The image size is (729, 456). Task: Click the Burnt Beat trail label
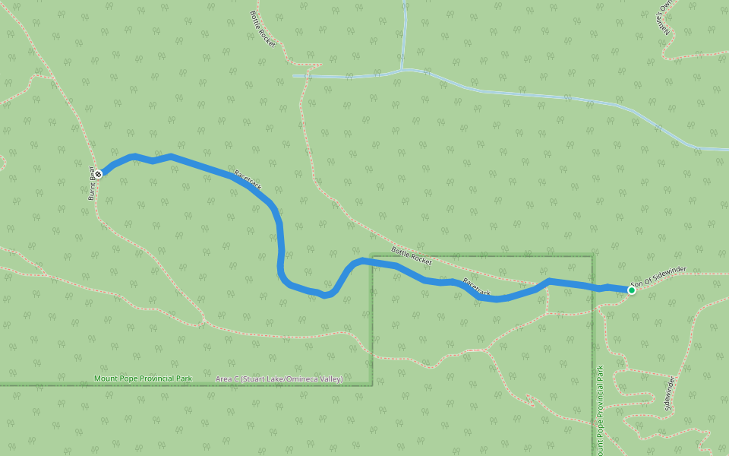pos(91,183)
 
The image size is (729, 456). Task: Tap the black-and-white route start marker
pos(98,173)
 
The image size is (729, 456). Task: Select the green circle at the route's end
pos(631,290)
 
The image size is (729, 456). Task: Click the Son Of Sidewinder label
pos(658,276)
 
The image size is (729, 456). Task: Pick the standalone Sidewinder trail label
pos(668,393)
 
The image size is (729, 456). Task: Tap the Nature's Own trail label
pos(666,15)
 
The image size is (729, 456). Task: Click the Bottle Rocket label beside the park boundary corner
pos(412,255)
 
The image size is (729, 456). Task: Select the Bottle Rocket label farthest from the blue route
pos(262,29)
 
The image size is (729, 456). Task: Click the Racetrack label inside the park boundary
pos(477,287)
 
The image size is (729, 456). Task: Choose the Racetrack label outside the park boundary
pos(248,179)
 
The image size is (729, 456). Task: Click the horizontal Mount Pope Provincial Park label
pos(143,378)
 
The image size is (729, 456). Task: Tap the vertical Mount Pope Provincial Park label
pos(600,410)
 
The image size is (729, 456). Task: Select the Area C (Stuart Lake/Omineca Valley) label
pos(279,378)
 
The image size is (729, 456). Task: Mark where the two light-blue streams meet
pos(402,70)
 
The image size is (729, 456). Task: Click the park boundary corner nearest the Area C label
pos(371,384)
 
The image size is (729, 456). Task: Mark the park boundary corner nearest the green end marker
pos(592,256)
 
